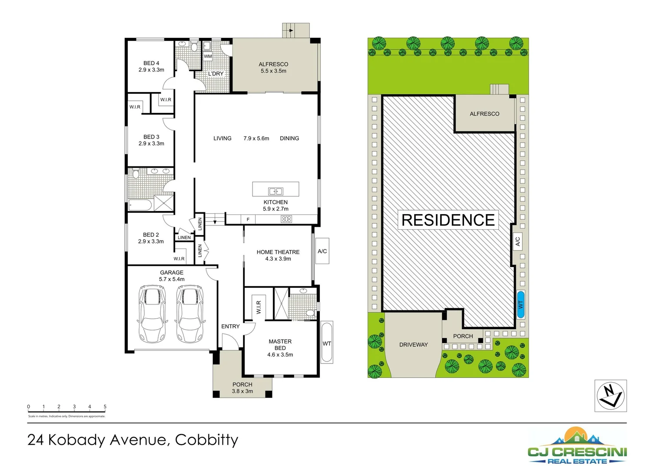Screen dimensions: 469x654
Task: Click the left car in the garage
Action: coord(153,314)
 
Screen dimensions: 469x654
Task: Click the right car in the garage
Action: coord(190,314)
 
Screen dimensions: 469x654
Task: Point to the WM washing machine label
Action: coord(208,56)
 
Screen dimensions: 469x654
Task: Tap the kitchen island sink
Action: coord(276,191)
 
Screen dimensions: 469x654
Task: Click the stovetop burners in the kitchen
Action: coord(286,219)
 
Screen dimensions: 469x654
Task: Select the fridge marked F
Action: coord(248,220)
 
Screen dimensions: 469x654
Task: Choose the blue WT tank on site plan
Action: coord(521,304)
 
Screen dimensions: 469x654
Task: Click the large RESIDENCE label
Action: coord(448,220)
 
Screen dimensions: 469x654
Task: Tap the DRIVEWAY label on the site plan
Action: coord(413,345)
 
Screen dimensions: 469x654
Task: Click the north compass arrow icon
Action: coord(611,396)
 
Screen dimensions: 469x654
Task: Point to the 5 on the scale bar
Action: coord(105,407)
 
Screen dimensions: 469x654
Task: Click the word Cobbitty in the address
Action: coord(206,440)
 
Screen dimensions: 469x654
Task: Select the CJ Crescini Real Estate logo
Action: coord(577,446)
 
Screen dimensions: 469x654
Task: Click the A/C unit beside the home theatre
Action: coord(322,251)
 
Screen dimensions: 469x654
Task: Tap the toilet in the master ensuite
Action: coord(310,313)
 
